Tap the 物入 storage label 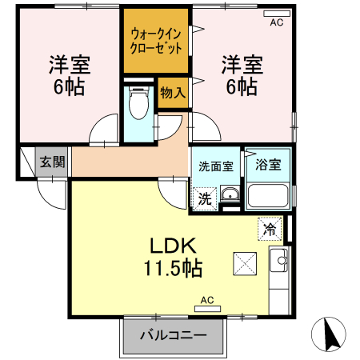(x=173, y=93)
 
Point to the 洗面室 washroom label (x=215, y=167)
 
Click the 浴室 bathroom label (x=268, y=166)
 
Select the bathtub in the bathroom (x=267, y=196)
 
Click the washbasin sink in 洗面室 (x=230, y=194)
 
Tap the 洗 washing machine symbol (x=204, y=198)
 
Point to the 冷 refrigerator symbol (x=270, y=229)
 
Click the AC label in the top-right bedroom (x=277, y=22)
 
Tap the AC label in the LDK (x=207, y=301)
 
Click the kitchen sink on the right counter (x=281, y=259)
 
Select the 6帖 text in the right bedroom (x=240, y=86)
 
